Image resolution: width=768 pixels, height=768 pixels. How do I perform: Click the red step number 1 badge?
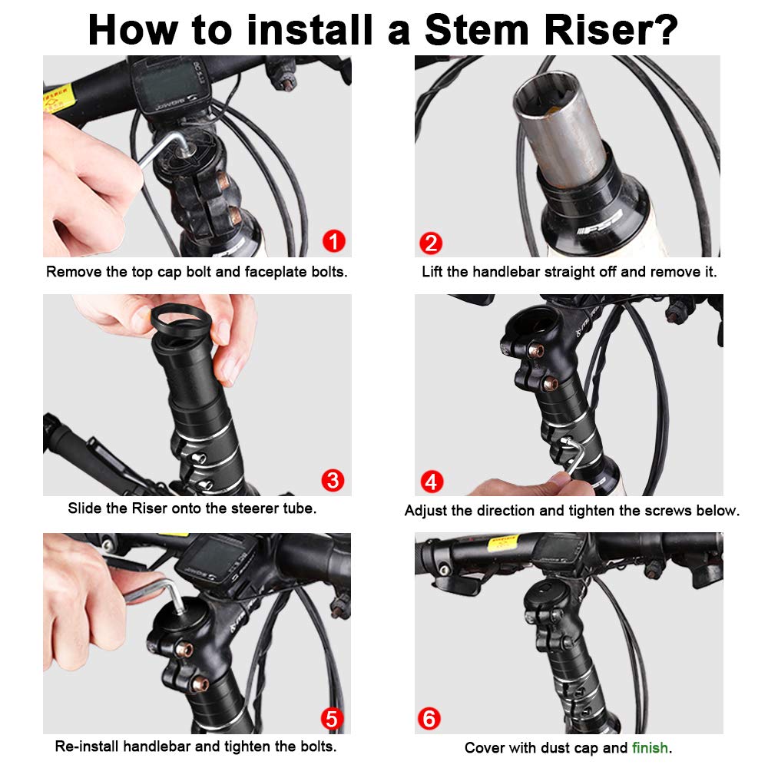tap(334, 241)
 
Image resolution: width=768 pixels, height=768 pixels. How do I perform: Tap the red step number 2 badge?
tap(431, 243)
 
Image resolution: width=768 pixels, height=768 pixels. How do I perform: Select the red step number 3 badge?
tap(333, 481)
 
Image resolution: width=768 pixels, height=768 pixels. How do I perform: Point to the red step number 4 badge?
tap(432, 482)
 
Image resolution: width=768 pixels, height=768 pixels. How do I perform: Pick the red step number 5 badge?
tap(332, 719)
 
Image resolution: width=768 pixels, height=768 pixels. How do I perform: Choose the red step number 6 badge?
tap(429, 719)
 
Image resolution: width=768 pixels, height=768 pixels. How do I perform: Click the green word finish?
tap(650, 747)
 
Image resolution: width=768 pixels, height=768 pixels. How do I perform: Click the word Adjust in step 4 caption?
tap(425, 511)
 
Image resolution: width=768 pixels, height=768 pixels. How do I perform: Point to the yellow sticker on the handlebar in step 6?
tap(504, 543)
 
